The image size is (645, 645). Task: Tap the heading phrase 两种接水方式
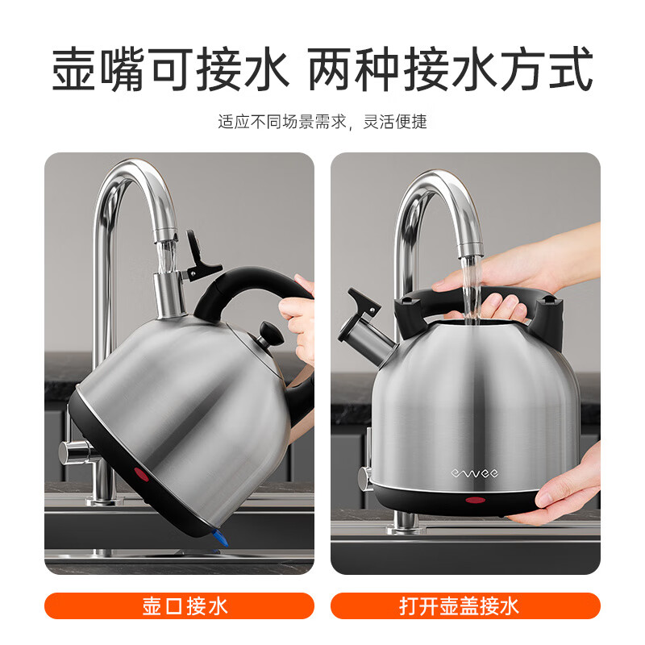(x=451, y=71)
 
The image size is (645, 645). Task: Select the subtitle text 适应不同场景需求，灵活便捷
(x=322, y=123)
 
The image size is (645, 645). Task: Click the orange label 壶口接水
(x=179, y=605)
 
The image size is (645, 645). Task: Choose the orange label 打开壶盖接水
(x=465, y=605)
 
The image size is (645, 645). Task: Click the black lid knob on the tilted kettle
(x=267, y=331)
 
